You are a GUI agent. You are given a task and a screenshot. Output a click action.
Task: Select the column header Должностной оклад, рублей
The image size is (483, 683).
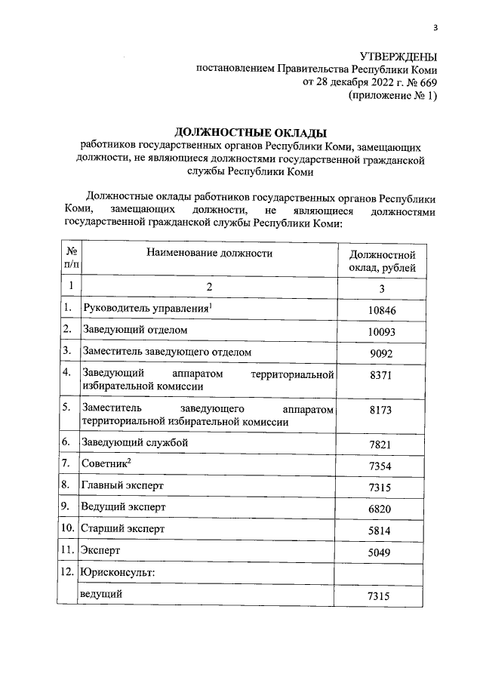pos(382,262)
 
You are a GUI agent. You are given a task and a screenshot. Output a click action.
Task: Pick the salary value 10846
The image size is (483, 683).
pos(382,310)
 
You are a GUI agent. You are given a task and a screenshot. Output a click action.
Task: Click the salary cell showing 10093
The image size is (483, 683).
pos(382,331)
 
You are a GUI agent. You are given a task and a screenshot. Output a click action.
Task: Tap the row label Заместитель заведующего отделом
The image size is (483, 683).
pos(166,352)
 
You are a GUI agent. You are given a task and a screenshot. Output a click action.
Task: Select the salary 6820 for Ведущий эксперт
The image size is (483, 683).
pos(382,509)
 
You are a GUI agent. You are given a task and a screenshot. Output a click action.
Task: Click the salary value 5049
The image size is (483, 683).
pos(382,553)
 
